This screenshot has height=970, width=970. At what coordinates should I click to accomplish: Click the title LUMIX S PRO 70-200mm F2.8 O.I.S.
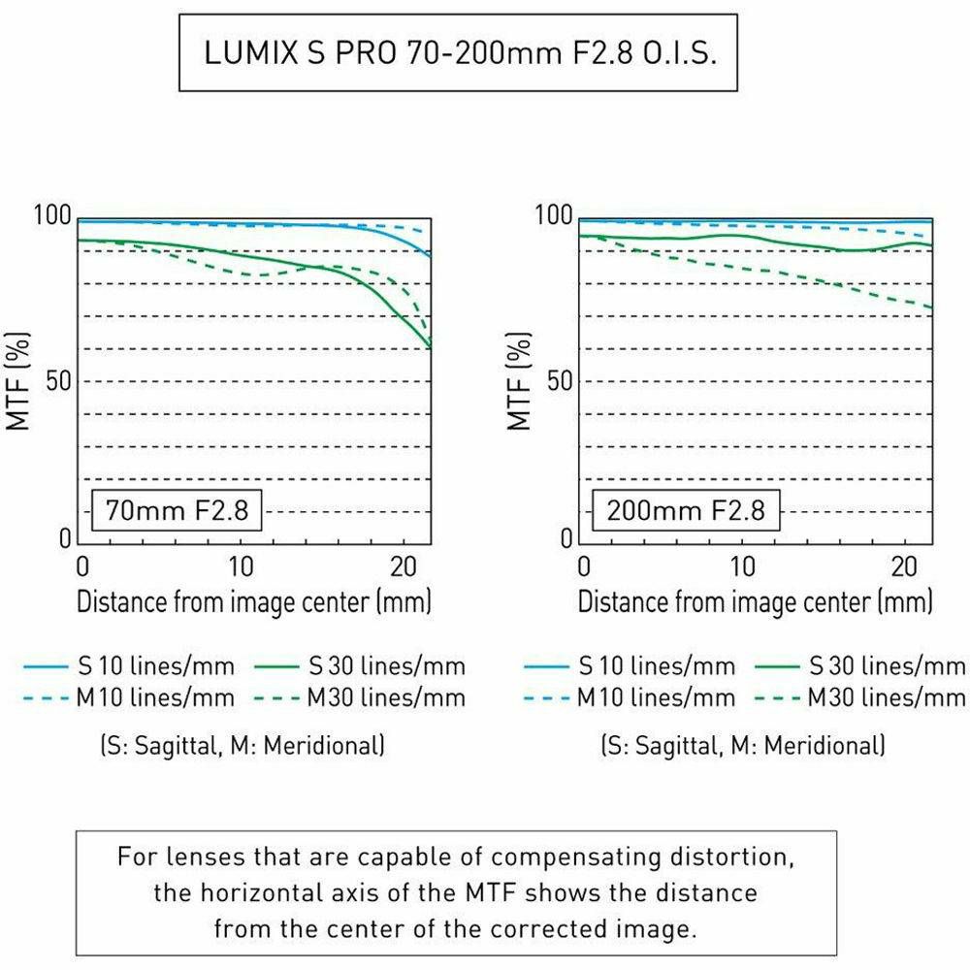tap(458, 53)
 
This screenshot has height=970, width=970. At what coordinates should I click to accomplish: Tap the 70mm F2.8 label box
tap(177, 509)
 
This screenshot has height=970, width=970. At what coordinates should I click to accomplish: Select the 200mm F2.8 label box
tap(685, 509)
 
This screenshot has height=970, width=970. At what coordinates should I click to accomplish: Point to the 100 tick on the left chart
tap(54, 215)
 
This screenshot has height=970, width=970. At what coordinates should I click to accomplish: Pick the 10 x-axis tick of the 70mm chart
tap(242, 566)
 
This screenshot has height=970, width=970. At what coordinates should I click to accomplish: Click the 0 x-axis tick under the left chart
tap(82, 566)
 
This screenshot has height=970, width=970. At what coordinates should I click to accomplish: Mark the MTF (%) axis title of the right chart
tap(520, 379)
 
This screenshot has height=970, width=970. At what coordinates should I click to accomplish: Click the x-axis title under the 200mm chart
tap(755, 601)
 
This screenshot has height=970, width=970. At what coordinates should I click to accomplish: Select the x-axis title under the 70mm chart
tap(254, 601)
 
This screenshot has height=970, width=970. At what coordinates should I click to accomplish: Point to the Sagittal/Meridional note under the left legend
tap(242, 746)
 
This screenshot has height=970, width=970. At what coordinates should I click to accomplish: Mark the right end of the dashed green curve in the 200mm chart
tap(932, 307)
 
